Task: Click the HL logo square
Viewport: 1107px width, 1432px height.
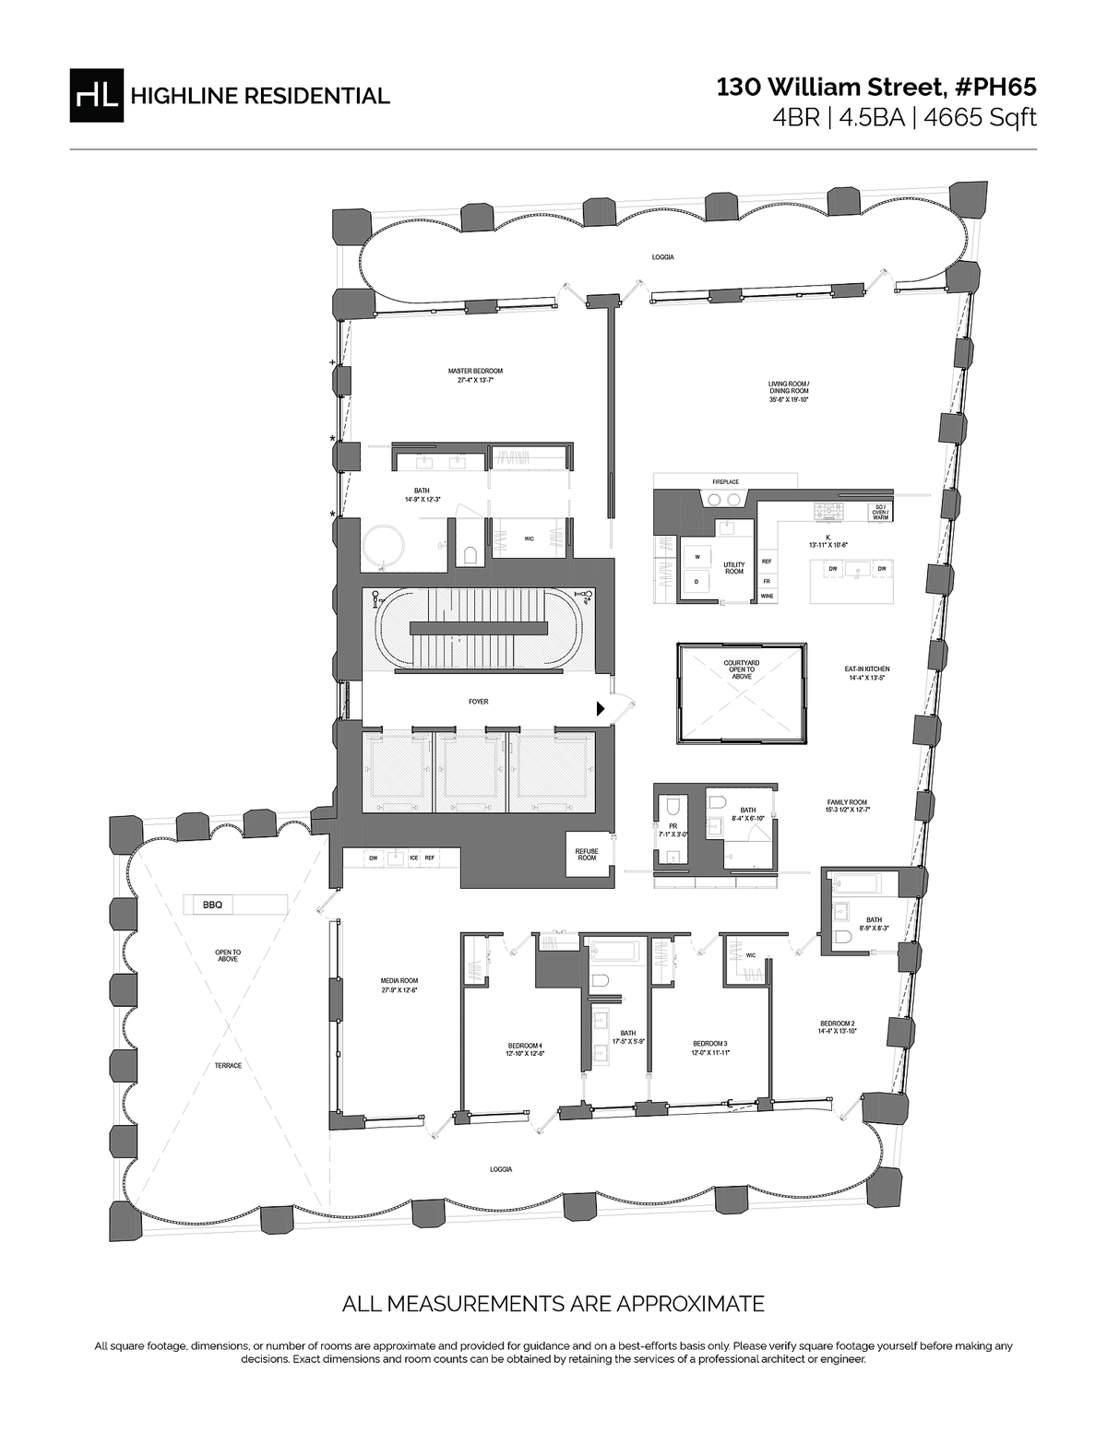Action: (x=97, y=95)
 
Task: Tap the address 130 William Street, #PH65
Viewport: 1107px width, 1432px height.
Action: (x=877, y=88)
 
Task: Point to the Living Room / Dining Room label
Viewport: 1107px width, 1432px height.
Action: (x=789, y=391)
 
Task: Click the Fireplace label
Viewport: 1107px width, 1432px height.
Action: (x=726, y=481)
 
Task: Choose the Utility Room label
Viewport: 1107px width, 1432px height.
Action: (x=733, y=568)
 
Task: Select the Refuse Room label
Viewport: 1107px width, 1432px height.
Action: (x=586, y=854)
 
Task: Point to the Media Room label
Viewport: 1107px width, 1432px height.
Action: (x=399, y=985)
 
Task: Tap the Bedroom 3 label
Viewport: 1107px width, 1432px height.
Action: (x=711, y=1047)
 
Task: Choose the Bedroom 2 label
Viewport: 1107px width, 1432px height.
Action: (x=838, y=1027)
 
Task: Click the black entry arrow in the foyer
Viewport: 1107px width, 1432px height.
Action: (x=601, y=708)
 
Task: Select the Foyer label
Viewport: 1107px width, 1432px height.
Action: (x=478, y=702)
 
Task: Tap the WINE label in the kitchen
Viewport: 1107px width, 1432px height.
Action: (x=767, y=597)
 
